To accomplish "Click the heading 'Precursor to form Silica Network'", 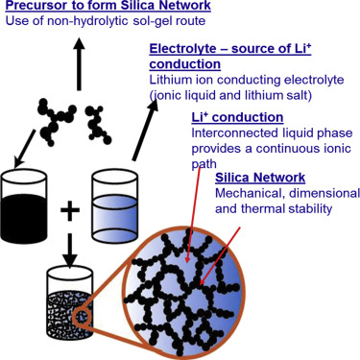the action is (x=108, y=5).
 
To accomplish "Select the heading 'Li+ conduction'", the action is (x=237, y=117).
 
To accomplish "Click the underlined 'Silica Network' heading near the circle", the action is (x=260, y=178).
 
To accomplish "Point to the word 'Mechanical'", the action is (x=246, y=194).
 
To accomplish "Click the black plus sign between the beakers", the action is (x=70, y=210).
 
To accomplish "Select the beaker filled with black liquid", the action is (x=24, y=205).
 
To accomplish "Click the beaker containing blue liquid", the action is (x=115, y=205).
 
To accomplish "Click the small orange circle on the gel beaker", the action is (x=82, y=318).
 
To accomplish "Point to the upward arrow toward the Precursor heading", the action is (x=78, y=64).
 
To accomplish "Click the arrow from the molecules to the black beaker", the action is (x=26, y=148).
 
